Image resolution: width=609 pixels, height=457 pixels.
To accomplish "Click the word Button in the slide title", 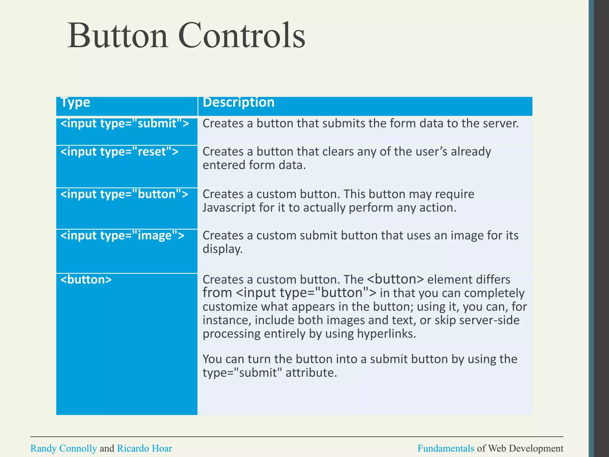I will pos(118,36).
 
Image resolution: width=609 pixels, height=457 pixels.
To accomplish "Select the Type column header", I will pos(75,103).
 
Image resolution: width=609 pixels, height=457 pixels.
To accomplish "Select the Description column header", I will pos(238,103).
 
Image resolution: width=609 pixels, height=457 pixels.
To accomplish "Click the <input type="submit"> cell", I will pos(125,123).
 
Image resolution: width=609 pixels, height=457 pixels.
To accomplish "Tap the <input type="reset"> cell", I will pos(119,152).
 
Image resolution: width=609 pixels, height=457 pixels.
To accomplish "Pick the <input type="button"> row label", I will pos(124,194).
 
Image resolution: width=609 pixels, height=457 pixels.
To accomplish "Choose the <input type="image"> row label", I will pos(122,236).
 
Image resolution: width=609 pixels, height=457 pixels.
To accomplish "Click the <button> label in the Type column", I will pos(86,280).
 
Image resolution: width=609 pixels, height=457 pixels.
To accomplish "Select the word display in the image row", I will pos(222,249).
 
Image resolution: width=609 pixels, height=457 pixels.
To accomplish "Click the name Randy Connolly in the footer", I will pos(64,448).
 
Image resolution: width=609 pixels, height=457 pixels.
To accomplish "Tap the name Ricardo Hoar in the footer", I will pos(145,448).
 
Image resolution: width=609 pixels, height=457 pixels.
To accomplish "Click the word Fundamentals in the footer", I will pos(445,448).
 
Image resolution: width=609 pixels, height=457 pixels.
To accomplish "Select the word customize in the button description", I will pos(230,307).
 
